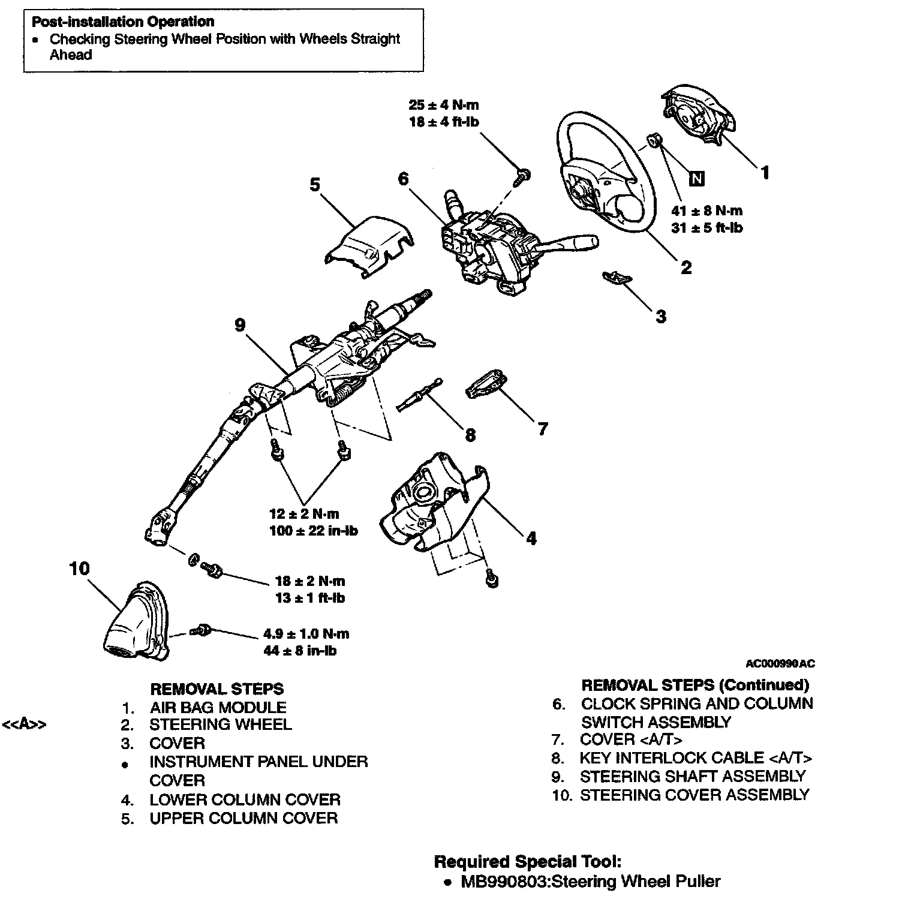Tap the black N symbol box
(x=696, y=178)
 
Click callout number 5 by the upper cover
(x=314, y=184)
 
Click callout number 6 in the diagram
(x=403, y=178)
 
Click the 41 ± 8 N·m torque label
(x=707, y=211)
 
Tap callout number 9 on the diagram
(x=240, y=324)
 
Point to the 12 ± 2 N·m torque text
(x=304, y=514)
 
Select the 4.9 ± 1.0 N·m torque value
(x=306, y=634)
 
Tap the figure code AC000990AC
(x=780, y=663)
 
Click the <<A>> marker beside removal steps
(x=25, y=724)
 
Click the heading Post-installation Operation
(x=123, y=22)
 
